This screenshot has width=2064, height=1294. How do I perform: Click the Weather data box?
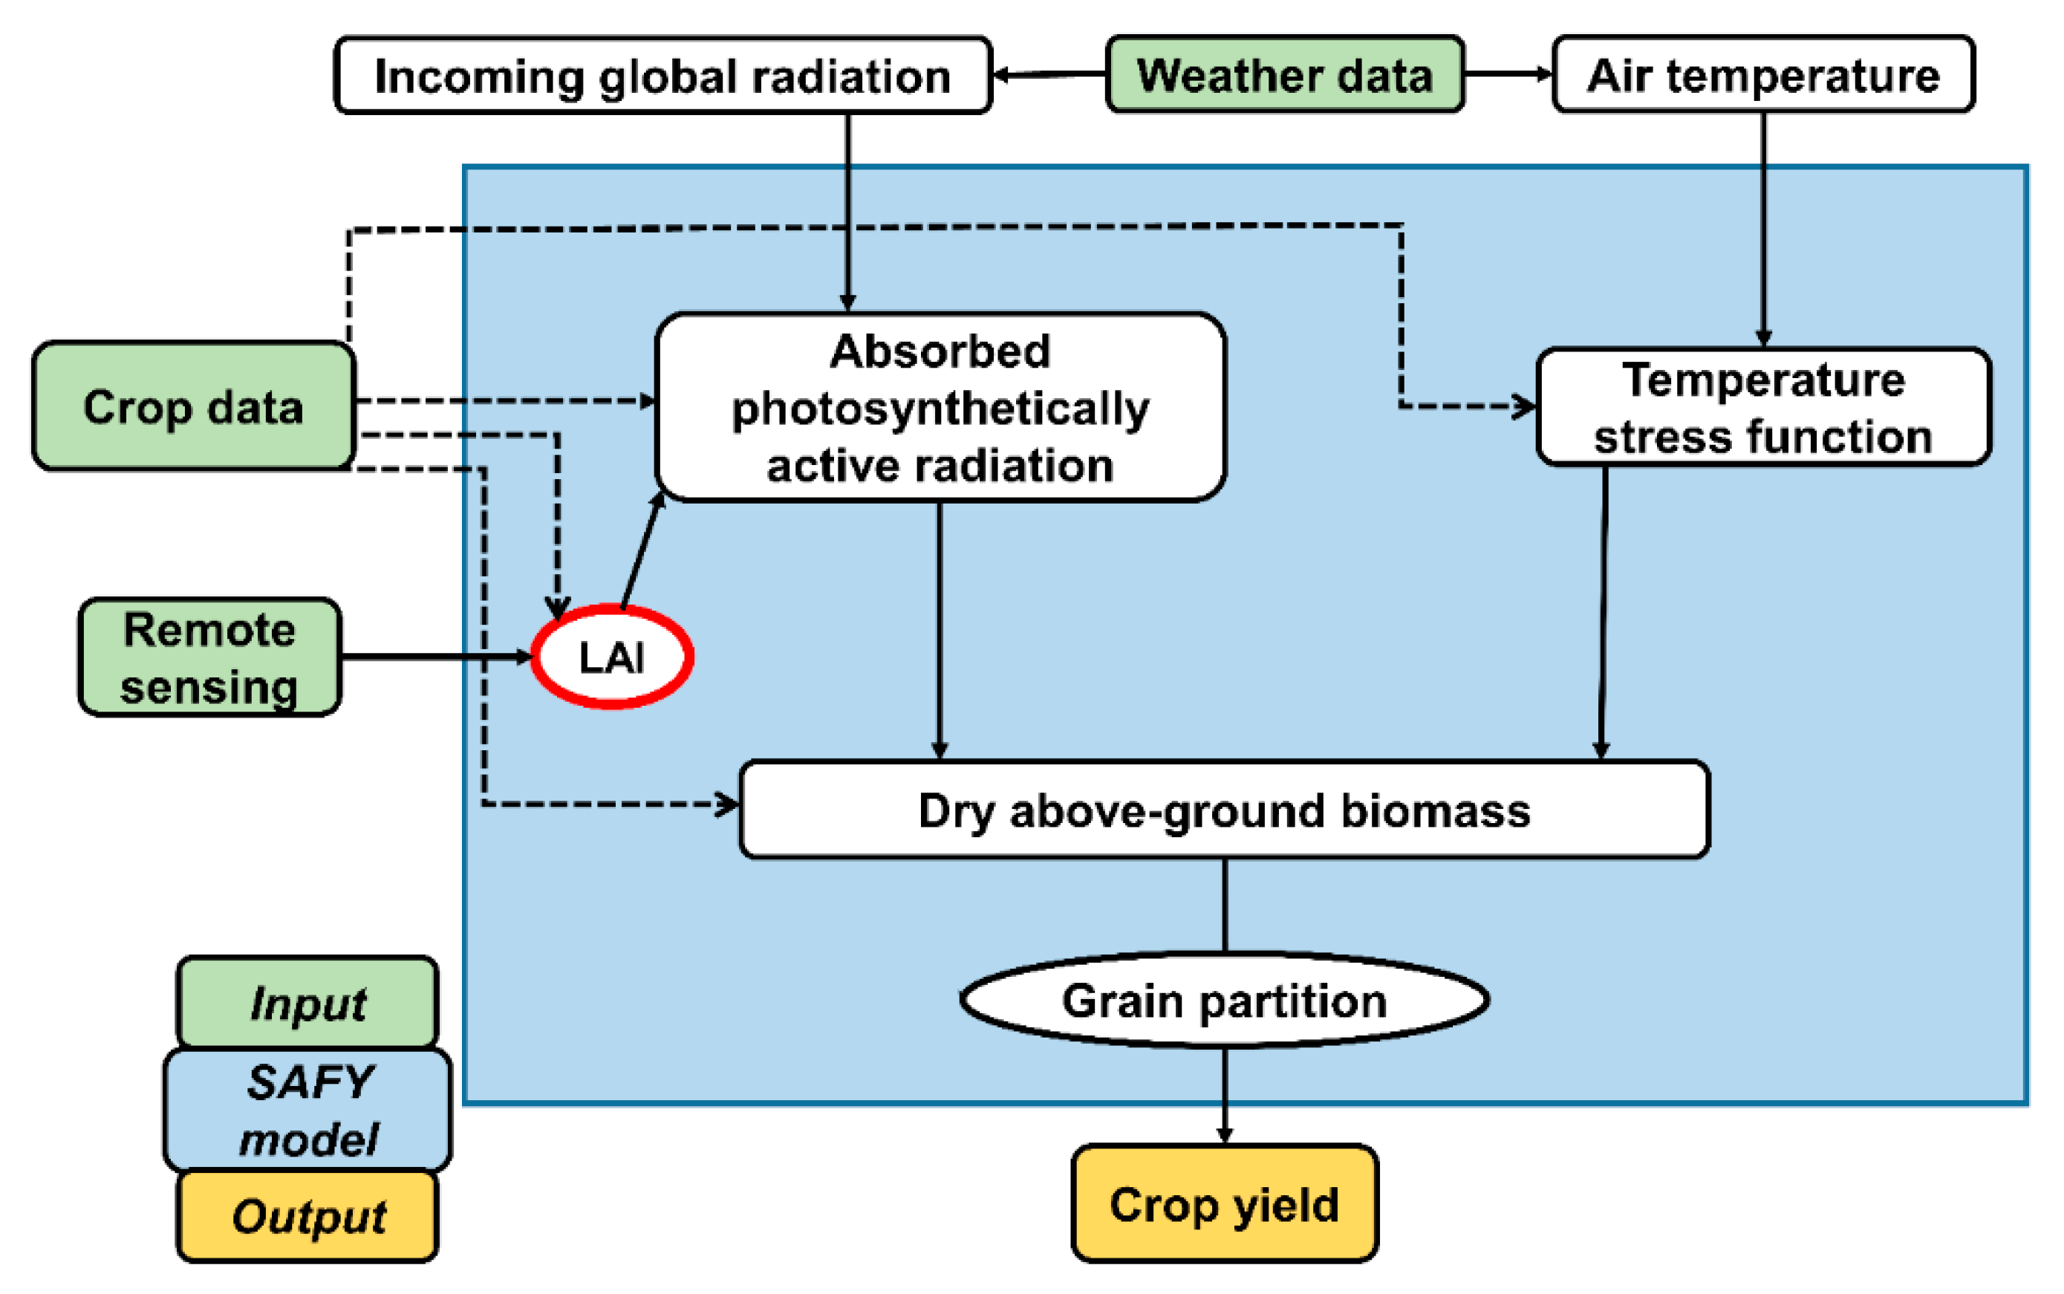pyautogui.click(x=1283, y=74)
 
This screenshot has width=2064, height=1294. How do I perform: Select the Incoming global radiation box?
pyautogui.click(x=663, y=75)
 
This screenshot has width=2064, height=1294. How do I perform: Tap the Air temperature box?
pyautogui.click(x=1762, y=74)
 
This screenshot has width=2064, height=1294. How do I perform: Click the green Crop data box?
pyautogui.click(x=193, y=406)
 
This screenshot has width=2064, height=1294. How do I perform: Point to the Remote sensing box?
pyautogui.click(x=209, y=657)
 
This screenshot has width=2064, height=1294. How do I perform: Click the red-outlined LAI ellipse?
pyautogui.click(x=612, y=657)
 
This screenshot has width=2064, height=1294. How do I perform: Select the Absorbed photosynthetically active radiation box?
pyautogui.click(x=940, y=407)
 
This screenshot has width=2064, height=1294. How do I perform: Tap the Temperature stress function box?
pyautogui.click(x=1762, y=407)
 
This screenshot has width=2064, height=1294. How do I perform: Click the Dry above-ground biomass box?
pyautogui.click(x=1224, y=810)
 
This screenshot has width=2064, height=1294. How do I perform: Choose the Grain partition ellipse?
pyautogui.click(x=1224, y=1000)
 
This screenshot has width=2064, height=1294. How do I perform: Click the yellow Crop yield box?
pyautogui.click(x=1224, y=1203)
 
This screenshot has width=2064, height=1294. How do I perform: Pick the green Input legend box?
pyautogui.click(x=308, y=1002)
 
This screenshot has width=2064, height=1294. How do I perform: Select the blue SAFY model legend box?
pyautogui.click(x=308, y=1110)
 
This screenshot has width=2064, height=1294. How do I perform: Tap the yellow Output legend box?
pyautogui.click(x=308, y=1215)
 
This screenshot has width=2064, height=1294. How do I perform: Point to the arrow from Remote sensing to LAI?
pyautogui.click(x=437, y=657)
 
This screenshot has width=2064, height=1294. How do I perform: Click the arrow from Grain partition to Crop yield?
pyautogui.click(x=1225, y=1096)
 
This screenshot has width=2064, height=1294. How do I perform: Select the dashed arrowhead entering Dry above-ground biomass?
pyautogui.click(x=727, y=804)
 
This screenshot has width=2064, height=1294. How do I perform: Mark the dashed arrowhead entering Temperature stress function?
pyautogui.click(x=1523, y=406)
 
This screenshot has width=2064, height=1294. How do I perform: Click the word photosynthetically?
pyautogui.click(x=940, y=409)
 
